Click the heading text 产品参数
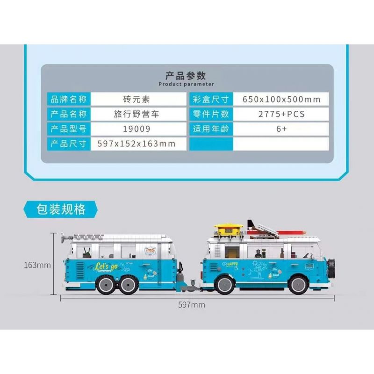click(x=186, y=75)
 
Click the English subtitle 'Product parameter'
click(x=186, y=84)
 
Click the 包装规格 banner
click(x=61, y=209)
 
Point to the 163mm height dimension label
click(x=37, y=265)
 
